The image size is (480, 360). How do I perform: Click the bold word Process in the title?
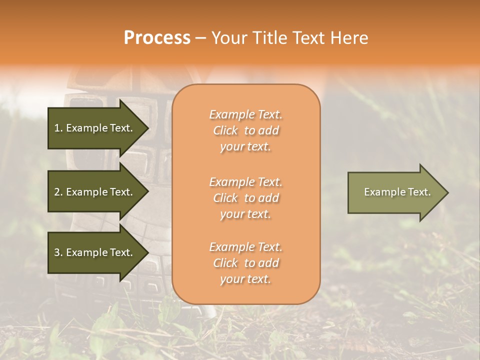(157, 38)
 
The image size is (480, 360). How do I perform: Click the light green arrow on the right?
(390, 192)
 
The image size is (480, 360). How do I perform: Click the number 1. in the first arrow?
(58, 128)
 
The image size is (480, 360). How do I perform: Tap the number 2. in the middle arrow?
(58, 192)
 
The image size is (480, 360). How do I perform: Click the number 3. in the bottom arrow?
(58, 252)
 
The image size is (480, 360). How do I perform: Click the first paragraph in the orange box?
(245, 130)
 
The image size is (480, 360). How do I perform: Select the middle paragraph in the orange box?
(245, 198)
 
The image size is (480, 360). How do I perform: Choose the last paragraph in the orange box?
(245, 263)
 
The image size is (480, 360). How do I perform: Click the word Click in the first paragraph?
(225, 130)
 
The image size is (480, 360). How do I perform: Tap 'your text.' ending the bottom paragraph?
(245, 279)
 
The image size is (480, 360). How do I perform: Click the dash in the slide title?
(201, 38)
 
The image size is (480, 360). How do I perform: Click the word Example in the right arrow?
(380, 192)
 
